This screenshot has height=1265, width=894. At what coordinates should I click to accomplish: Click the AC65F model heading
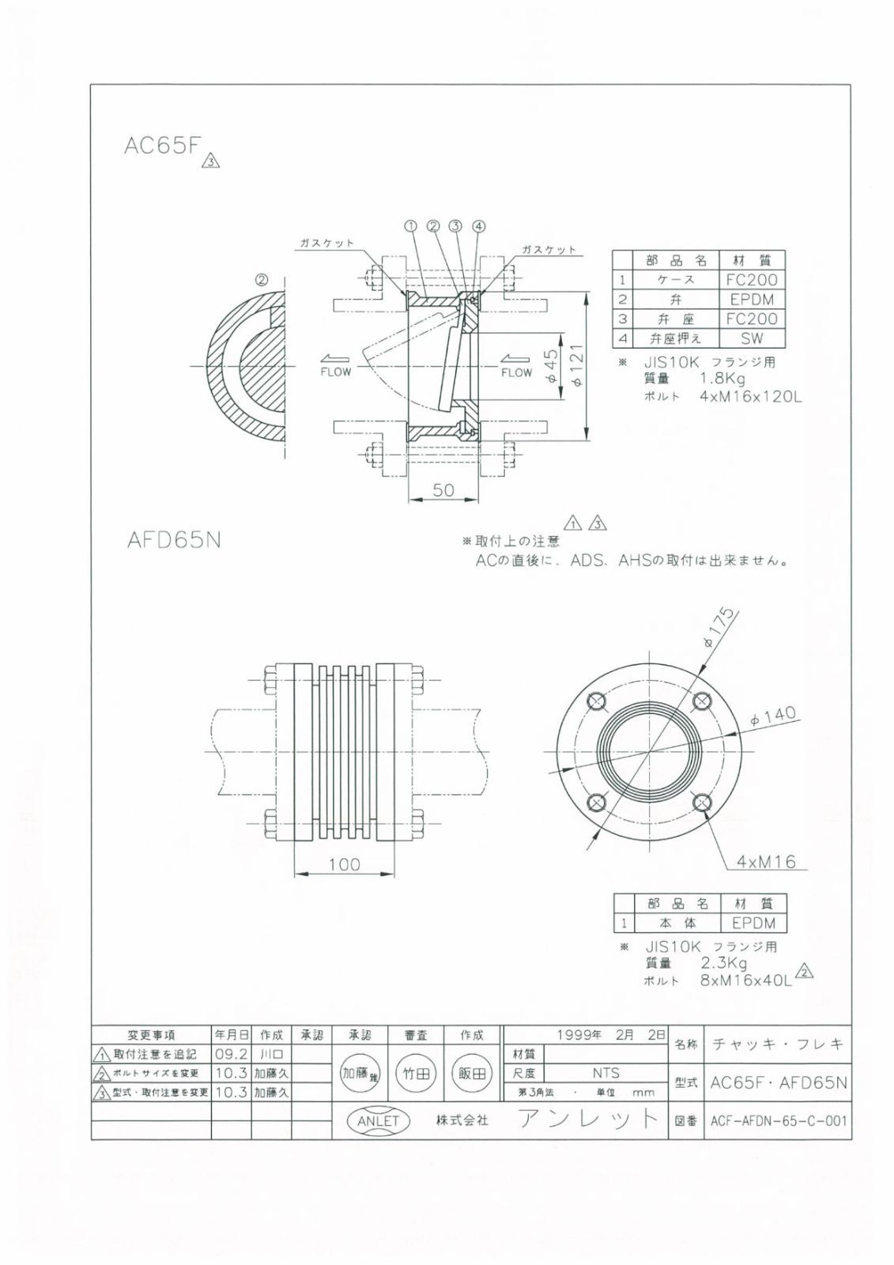tap(163, 146)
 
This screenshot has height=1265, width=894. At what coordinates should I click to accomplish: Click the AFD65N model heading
tap(174, 541)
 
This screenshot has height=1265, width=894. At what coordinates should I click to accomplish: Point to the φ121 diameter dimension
tap(576, 366)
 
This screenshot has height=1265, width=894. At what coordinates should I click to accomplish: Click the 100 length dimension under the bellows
tap(344, 864)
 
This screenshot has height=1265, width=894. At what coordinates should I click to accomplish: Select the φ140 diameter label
tap(772, 716)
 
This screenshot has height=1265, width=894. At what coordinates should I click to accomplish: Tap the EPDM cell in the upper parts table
tap(753, 300)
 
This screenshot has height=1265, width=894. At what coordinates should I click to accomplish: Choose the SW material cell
tap(753, 338)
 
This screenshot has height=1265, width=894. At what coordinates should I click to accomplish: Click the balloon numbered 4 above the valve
tap(478, 226)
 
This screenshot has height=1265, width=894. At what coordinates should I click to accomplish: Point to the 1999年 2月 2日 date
tap(611, 1035)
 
